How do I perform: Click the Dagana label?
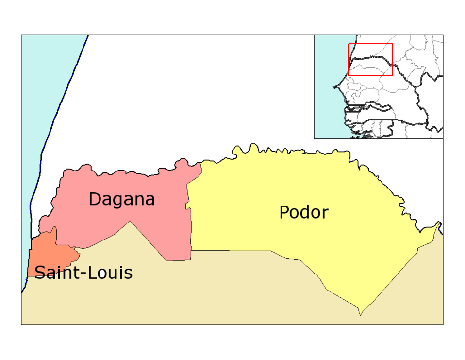tap(121, 199)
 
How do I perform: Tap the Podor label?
tap(303, 212)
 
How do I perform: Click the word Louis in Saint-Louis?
tap(112, 273)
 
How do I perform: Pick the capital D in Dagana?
tap(96, 199)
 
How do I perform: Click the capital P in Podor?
tap(284, 212)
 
